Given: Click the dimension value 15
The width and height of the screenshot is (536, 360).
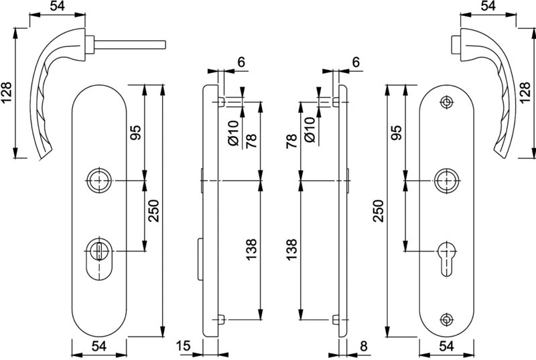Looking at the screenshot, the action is [x=184, y=346].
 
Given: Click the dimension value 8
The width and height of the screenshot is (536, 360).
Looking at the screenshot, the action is [x=364, y=346].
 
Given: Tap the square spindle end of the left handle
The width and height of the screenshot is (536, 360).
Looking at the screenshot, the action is [x=165, y=45].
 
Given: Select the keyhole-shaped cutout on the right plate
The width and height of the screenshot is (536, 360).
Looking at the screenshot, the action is [x=446, y=259].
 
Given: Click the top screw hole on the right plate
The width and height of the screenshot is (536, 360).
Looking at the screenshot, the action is [x=446, y=102].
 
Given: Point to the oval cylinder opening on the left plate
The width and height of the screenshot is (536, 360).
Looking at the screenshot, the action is [x=99, y=259].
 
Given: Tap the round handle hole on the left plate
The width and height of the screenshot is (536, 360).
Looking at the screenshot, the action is [x=99, y=180].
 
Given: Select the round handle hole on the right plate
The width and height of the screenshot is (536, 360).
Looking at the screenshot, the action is [x=446, y=180].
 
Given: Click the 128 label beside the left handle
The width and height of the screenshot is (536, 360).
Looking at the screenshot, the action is [x=7, y=93].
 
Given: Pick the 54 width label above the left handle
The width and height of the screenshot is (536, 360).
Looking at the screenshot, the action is [x=58, y=7].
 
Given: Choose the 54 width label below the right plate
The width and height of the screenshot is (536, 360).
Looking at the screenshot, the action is [x=446, y=346].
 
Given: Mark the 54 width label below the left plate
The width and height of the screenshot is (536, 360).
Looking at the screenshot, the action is [x=99, y=346].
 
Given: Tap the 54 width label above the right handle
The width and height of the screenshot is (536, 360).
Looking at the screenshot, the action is [x=488, y=7].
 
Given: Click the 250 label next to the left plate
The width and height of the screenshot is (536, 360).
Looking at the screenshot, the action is [x=154, y=211].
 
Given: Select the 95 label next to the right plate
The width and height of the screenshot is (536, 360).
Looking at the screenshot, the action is [x=397, y=133].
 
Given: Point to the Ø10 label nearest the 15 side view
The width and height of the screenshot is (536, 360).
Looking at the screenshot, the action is [x=234, y=133].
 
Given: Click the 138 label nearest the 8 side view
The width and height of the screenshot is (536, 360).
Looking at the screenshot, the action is [x=291, y=249].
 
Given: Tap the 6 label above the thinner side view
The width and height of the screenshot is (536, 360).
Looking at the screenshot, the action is [x=356, y=62].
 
